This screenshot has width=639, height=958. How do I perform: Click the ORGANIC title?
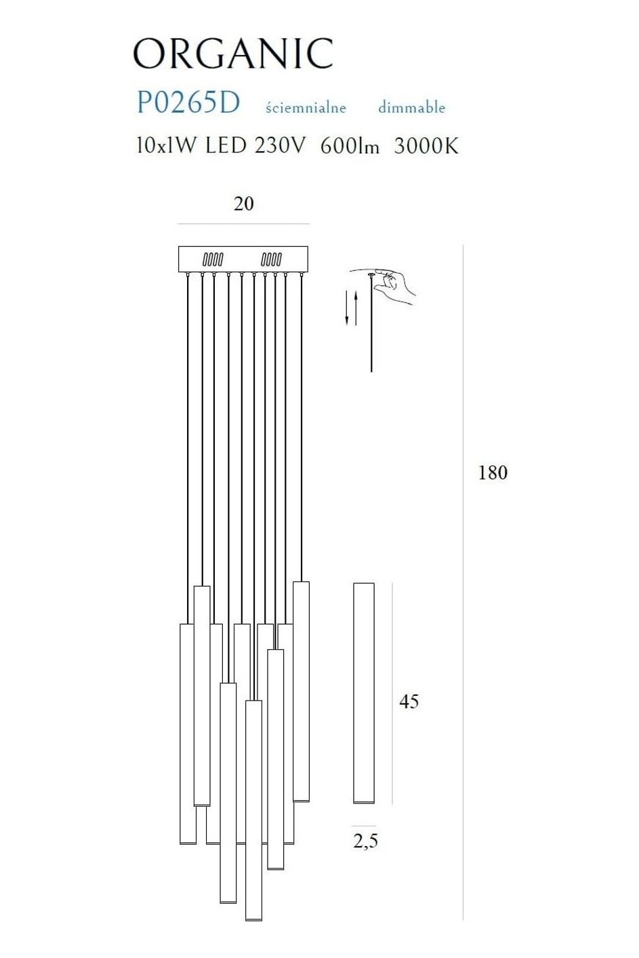[233, 54]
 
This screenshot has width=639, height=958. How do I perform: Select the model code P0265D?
[188, 103]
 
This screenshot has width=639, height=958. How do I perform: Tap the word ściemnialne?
[306, 107]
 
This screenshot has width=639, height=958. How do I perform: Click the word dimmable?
[411, 107]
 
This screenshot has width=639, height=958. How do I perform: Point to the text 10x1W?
[167, 146]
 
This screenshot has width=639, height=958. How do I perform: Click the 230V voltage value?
[281, 146]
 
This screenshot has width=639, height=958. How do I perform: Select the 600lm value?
[350, 146]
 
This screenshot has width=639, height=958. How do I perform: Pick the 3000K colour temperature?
[426, 146]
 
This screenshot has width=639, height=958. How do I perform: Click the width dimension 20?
[244, 203]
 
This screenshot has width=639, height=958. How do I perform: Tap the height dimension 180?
[493, 473]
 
